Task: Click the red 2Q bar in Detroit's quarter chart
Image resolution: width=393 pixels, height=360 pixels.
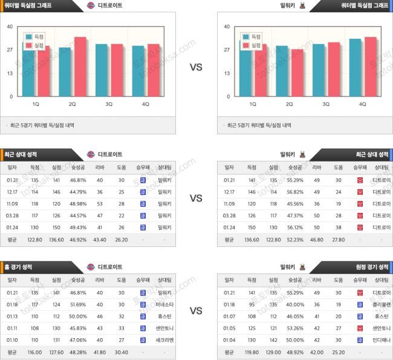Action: [80, 67]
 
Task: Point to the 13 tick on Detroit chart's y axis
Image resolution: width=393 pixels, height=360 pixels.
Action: [10, 73]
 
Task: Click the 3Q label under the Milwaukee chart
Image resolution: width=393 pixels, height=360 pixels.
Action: [326, 104]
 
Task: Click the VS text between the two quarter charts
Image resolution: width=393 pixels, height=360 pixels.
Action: [196, 67]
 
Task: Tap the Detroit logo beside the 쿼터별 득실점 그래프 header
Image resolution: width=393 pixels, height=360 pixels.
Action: [91, 5]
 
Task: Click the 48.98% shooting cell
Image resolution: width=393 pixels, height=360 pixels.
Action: [77, 203]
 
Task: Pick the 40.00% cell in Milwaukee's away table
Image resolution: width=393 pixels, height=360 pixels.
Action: [295, 304]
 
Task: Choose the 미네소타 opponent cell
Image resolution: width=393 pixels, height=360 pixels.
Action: [164, 304]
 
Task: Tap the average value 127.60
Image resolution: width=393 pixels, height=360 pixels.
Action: [56, 351]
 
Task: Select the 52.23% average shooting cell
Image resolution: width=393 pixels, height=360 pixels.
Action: [295, 238]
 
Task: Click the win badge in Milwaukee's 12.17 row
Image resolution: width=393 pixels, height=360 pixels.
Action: [360, 192]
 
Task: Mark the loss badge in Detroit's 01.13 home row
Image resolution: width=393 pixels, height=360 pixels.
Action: [142, 316]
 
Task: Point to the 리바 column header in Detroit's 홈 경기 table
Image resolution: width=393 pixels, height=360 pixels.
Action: [100, 280]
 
